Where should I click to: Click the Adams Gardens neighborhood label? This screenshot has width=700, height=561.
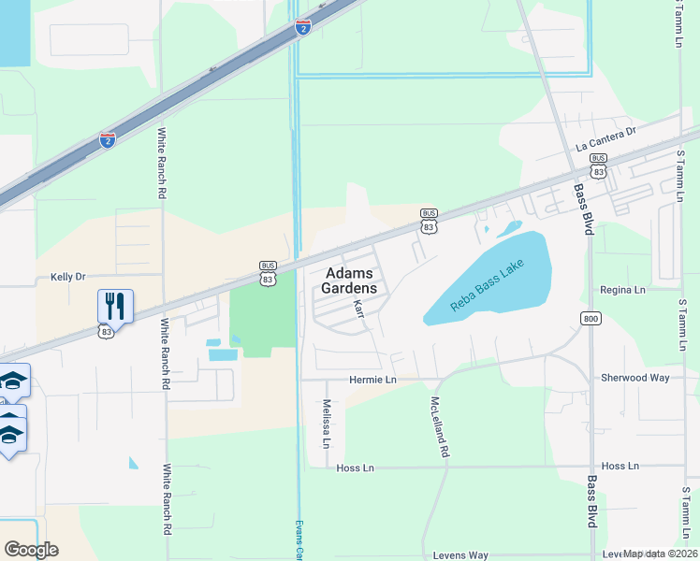(x=351, y=280)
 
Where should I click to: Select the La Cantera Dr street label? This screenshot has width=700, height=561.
(x=605, y=138)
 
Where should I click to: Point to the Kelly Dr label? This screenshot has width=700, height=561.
(x=67, y=278)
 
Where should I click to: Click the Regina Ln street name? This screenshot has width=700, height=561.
(x=623, y=291)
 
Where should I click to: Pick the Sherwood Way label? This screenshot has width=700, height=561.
(x=634, y=378)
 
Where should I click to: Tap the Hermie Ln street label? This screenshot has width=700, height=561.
(x=372, y=381)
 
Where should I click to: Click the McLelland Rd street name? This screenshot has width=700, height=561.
(x=436, y=427)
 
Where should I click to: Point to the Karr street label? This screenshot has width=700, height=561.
(x=358, y=309)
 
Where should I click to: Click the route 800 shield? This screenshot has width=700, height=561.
(x=590, y=318)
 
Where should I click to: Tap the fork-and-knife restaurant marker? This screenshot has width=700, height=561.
(x=115, y=305)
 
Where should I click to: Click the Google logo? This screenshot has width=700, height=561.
(x=31, y=550)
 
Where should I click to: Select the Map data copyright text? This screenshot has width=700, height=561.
(x=660, y=554)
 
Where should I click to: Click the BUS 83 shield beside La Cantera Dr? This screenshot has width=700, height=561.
(x=598, y=166)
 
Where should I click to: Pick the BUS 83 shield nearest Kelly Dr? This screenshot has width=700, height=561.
(x=268, y=274)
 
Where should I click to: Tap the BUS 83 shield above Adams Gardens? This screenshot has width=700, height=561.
(x=429, y=222)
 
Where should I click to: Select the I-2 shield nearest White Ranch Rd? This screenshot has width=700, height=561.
(x=108, y=140)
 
